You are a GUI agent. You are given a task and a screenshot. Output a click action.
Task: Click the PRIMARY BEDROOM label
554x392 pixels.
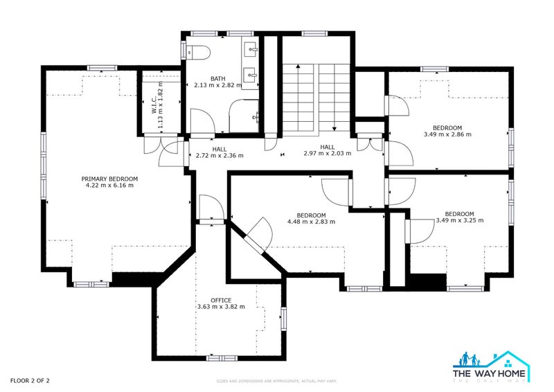tap(109, 178)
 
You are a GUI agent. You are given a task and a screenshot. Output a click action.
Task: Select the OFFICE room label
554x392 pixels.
tap(221, 300)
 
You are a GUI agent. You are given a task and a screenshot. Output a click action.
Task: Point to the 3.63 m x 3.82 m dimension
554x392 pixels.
tap(221, 307)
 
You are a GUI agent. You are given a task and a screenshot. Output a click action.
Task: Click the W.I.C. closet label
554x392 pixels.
tap(154, 104)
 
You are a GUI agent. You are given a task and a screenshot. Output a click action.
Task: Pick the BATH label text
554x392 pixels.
tap(218, 78)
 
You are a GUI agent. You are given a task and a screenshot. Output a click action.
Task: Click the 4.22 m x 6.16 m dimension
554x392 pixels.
tap(109, 185)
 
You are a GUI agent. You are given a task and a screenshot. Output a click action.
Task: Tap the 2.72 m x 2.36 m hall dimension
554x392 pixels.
tap(220, 156)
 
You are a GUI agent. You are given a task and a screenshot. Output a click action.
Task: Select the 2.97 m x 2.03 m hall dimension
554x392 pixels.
tap(328, 154)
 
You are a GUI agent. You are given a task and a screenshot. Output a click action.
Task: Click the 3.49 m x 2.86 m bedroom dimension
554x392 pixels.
tap(447, 134)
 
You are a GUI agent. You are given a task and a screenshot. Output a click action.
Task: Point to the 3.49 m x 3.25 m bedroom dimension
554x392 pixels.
tap(459, 220)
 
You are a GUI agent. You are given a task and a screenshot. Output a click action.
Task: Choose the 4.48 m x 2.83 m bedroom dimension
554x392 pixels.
tap(311, 222)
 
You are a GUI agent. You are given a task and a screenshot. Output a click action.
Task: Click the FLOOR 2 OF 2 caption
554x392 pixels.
tap(30, 380)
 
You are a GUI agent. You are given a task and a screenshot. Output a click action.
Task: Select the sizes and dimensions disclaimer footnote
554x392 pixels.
tap(277, 381)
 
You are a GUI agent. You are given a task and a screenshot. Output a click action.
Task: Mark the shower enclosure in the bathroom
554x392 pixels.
tap(244, 114)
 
